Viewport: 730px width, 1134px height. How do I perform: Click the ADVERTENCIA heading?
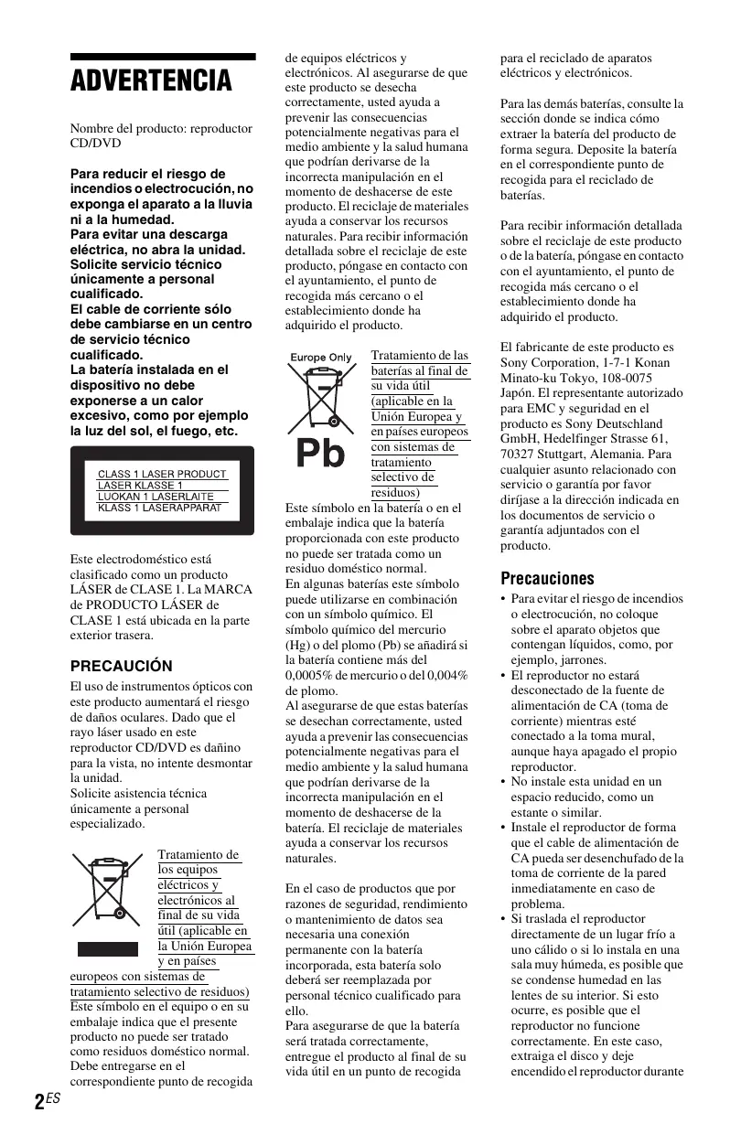tap(152, 81)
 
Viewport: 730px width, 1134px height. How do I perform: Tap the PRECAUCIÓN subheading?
tap(121, 666)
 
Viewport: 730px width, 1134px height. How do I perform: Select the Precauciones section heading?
tap(547, 578)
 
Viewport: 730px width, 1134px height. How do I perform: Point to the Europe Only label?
tap(321, 357)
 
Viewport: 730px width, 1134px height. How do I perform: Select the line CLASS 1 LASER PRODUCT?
tap(162, 474)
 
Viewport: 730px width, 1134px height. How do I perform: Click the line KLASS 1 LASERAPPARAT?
tap(159, 508)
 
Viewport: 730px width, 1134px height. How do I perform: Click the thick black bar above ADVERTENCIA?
tap(163, 57)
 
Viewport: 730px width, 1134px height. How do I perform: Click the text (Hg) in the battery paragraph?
tap(298, 644)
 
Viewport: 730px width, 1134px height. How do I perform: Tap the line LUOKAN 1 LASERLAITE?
tap(156, 497)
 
